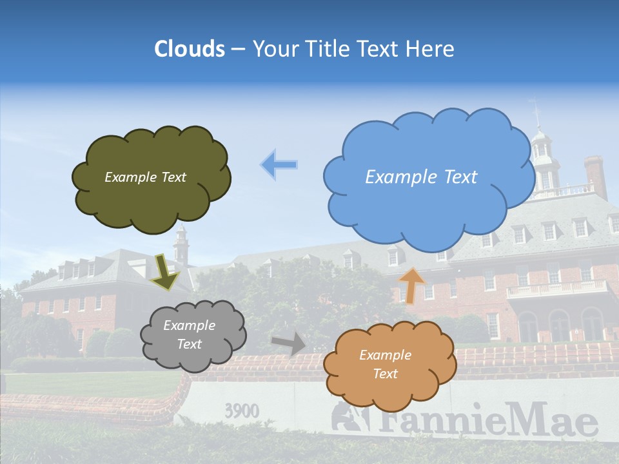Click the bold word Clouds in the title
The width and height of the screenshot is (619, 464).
coord(190,49)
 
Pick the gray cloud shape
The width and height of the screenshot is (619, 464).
coord(193,358)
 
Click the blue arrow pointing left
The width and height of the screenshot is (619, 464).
coord(279,165)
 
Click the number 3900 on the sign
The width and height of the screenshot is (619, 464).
coord(242,411)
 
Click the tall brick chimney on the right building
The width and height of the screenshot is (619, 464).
coord(594,176)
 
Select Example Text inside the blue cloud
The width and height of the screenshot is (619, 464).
coord(421,177)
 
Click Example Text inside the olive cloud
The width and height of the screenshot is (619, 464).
coord(145,177)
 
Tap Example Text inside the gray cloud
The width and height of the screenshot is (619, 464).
coord(189,335)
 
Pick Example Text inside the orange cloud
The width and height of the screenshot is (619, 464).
coord(385,364)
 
